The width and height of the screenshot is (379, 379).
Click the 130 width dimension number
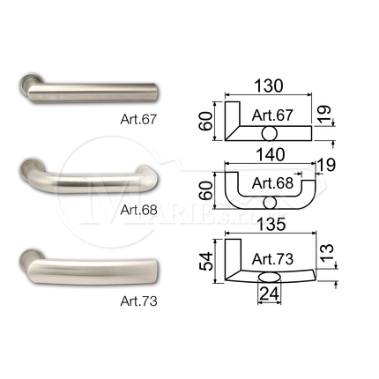pyautogui.click(x=269, y=86)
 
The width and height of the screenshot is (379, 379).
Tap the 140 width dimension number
pyautogui.click(x=271, y=154)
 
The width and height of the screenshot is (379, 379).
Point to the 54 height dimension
pyautogui.click(x=205, y=262)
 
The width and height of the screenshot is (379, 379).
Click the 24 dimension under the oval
pyautogui.click(x=269, y=294)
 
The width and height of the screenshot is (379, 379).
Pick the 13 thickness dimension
pyautogui.click(x=326, y=253)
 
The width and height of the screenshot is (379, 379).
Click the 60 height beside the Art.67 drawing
pyautogui.click(x=205, y=121)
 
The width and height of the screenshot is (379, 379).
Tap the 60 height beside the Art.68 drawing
pyautogui.click(x=205, y=190)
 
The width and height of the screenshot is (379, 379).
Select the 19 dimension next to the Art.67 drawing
pyautogui.click(x=324, y=114)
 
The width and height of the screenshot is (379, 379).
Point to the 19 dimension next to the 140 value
pyautogui.click(x=326, y=165)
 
